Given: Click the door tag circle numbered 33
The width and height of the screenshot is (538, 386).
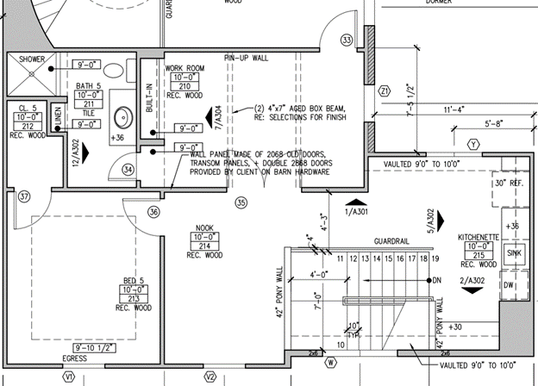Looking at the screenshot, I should [x=347, y=40].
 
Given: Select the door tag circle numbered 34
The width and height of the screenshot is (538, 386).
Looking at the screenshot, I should [x=128, y=171].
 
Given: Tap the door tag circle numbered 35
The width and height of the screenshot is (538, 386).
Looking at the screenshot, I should [x=241, y=202].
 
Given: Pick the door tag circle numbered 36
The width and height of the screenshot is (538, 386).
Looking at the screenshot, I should [x=153, y=211].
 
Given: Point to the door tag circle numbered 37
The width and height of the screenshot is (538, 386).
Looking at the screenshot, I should [x=24, y=196].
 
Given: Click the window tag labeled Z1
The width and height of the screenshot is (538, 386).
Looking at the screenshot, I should [x=385, y=89].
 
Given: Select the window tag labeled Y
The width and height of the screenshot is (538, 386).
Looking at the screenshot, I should [x=472, y=144].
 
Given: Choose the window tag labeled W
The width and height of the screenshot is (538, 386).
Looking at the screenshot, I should [x=330, y=362].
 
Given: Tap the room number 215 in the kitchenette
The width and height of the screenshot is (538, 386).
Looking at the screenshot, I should [x=478, y=254].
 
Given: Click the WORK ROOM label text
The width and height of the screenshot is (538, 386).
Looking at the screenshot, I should [x=184, y=68].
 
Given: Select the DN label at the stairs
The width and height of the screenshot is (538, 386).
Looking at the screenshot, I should [x=437, y=281].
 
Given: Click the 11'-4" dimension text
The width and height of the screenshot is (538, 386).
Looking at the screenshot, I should [x=454, y=110].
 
